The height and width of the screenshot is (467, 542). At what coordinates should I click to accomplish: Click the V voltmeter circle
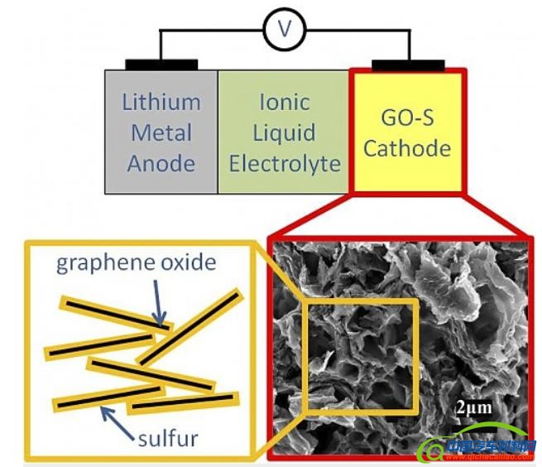285,31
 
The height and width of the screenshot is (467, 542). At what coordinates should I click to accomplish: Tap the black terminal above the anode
161,65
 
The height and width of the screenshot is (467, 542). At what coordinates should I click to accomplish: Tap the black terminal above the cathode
408,65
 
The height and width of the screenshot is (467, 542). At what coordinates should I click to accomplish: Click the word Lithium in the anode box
161,103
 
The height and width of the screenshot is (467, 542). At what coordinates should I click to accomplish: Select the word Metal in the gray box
161,132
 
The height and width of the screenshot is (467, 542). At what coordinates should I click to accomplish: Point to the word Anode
161,163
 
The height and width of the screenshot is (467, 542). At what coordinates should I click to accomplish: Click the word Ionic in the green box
284,103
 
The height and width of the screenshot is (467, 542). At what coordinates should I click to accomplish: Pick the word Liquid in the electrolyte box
284,132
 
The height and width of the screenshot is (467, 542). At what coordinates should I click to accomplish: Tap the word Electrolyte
284,163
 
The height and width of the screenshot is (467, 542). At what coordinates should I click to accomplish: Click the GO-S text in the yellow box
407,118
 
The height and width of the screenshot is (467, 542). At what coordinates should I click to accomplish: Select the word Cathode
407,149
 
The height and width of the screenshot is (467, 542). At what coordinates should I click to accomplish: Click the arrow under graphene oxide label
158,302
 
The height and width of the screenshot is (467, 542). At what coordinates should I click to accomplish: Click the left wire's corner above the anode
161,31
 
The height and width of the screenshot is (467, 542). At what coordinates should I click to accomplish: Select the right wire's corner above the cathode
408,31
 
